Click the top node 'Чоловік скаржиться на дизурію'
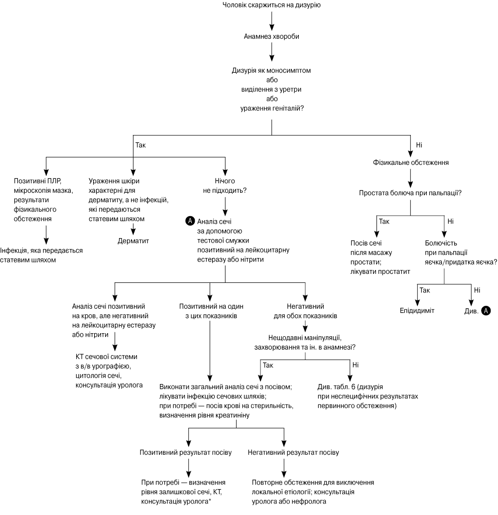[271, 5]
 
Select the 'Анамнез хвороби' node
[271, 36]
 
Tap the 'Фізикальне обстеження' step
[411, 162]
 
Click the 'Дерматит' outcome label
[133, 241]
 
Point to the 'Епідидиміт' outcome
[417, 310]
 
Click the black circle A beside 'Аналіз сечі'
[190, 221]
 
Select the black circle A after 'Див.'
[486, 311]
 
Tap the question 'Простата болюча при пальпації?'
[410, 193]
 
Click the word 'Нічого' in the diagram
[225, 181]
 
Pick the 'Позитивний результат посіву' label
[186, 452]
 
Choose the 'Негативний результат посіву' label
[293, 452]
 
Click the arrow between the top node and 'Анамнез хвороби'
[272, 21]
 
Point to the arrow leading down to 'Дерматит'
[133, 229]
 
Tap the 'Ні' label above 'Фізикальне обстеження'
[419, 145]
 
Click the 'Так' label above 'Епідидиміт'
[425, 290]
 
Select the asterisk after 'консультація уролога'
[210, 501]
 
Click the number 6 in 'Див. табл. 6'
[354, 387]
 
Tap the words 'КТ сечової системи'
[107, 357]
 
